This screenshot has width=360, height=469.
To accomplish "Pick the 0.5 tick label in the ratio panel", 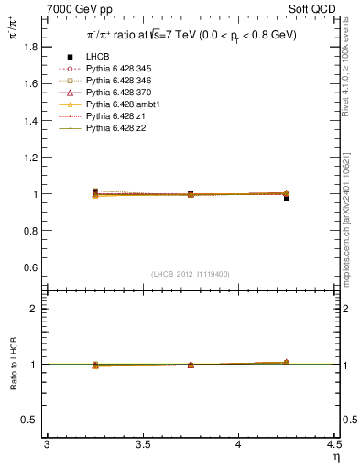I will [x=30, y=420].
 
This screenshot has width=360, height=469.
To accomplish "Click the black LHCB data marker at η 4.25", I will [x=287, y=197].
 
